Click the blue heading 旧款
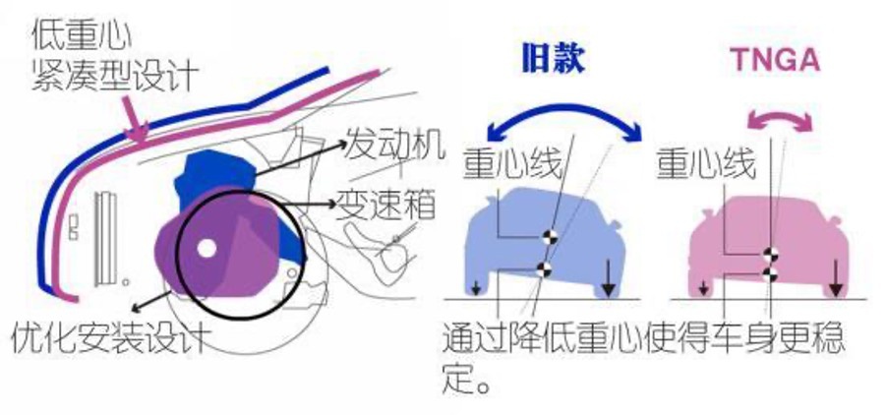tap(554, 60)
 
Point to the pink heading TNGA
tap(775, 60)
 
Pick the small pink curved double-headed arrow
tap(779, 121)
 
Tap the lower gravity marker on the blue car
tap(542, 269)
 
